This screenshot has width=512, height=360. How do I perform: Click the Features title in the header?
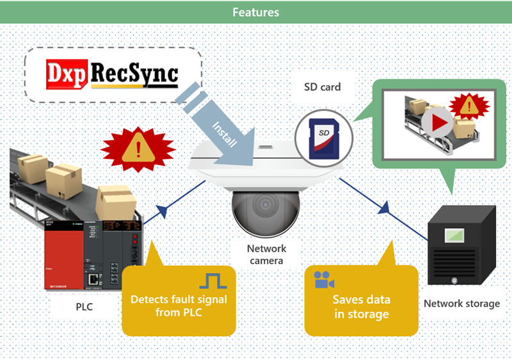tap(255, 12)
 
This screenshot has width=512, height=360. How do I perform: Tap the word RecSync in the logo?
tap(132, 75)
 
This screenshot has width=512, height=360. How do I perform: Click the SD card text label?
tap(322, 87)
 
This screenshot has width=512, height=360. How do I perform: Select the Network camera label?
tap(266, 254)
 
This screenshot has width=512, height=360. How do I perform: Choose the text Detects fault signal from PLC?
tap(178, 306)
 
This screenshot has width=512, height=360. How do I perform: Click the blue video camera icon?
tap(324, 280)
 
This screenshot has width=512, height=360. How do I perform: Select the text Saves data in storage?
tap(361, 307)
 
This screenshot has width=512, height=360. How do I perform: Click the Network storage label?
tap(461, 303)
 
